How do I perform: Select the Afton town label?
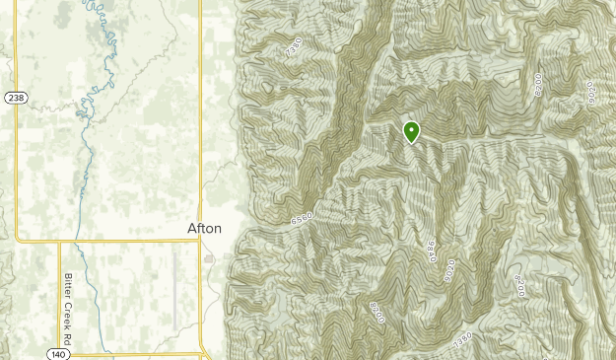pos(205,228)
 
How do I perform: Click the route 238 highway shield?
pos(15,98)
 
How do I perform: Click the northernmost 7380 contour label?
pos(293,45)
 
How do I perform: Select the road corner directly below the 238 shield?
pos(16,239)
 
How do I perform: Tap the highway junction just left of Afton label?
pos(201,240)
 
